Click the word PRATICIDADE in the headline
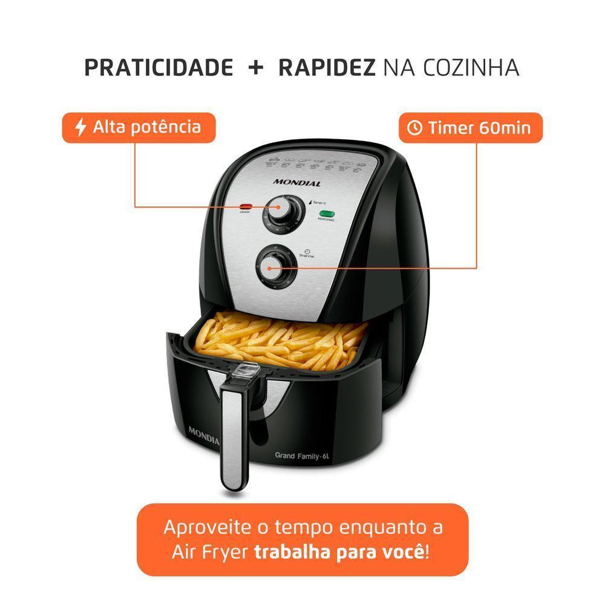[x=159, y=68]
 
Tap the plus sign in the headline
[x=255, y=68]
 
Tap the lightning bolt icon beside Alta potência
[x=80, y=127]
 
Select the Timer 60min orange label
[x=470, y=128]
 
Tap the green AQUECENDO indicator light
[x=327, y=214]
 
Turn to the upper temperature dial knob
[x=279, y=212]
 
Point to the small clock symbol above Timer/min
[x=307, y=251]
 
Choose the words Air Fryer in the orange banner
[x=204, y=552]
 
